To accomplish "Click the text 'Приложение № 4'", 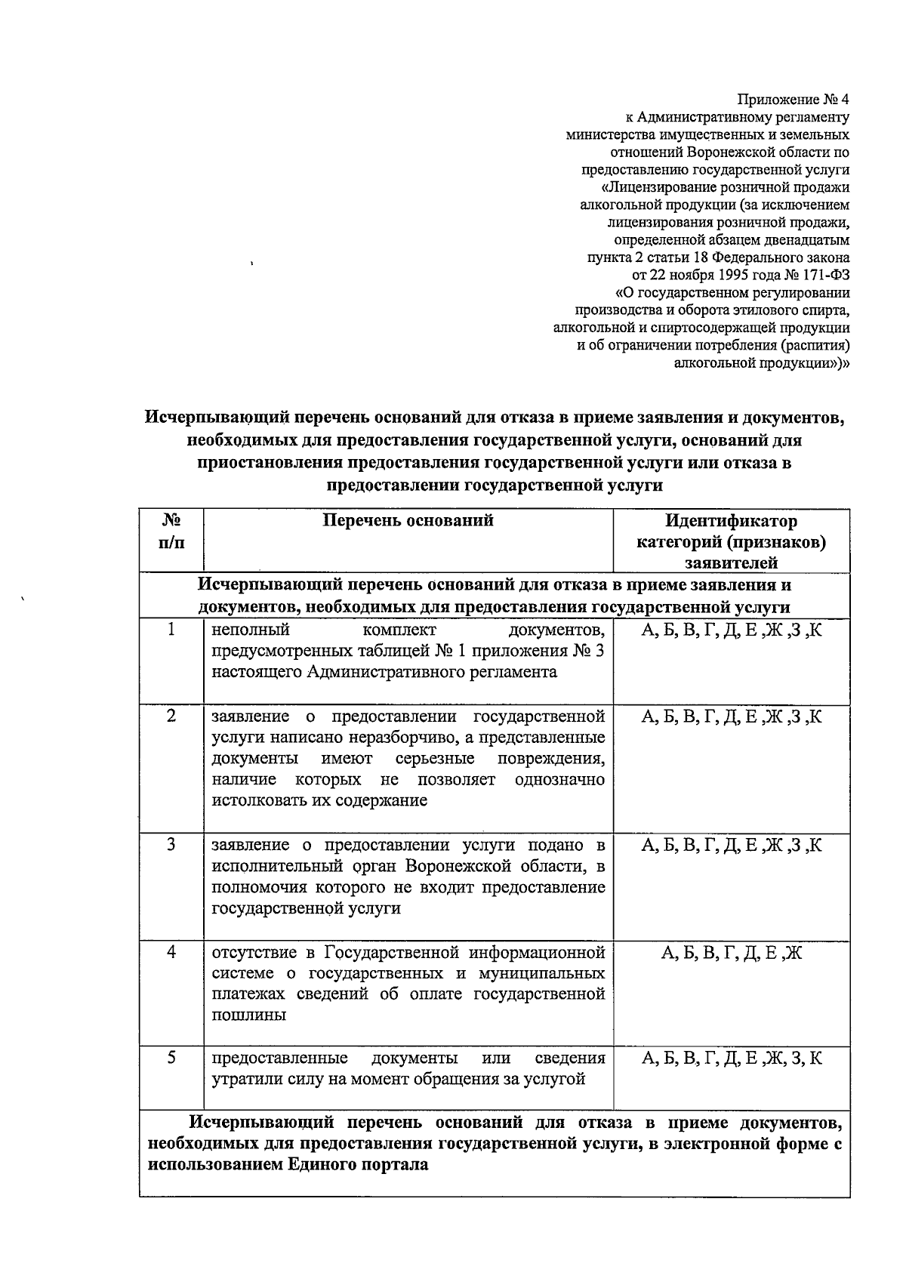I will click(x=794, y=100).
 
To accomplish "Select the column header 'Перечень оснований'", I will click(x=408, y=520).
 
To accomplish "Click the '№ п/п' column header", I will click(x=171, y=531).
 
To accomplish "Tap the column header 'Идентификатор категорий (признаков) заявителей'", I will click(x=731, y=541).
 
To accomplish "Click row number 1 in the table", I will click(x=171, y=630).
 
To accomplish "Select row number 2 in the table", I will click(x=171, y=716).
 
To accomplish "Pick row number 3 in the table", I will click(x=171, y=845).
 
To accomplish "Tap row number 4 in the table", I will click(x=171, y=952).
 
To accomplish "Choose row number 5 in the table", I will click(x=171, y=1058).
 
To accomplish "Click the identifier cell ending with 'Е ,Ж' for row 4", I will click(x=731, y=953).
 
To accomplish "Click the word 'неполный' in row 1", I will click(x=251, y=630).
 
